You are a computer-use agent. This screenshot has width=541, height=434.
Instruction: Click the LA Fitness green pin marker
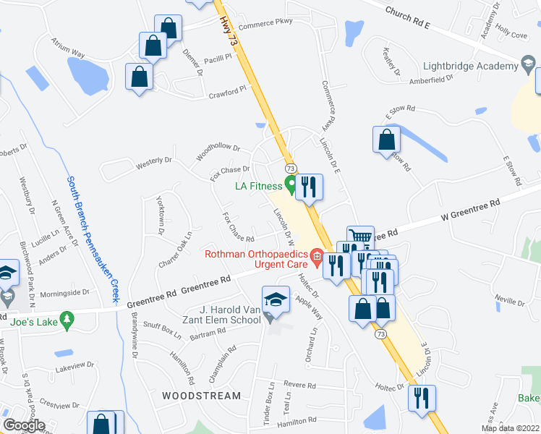(291, 185)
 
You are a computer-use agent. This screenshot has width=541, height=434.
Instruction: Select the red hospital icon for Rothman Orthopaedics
(316, 255)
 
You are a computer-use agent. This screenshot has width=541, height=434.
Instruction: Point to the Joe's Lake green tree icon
(67, 318)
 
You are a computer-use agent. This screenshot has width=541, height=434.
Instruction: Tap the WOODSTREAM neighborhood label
(201, 396)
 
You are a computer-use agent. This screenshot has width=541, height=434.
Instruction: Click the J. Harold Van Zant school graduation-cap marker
(276, 299)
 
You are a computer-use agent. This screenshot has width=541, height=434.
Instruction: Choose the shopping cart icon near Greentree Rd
(360, 236)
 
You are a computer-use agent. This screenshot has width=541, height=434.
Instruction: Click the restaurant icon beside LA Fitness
(309, 187)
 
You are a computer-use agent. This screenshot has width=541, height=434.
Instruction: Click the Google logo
(23, 425)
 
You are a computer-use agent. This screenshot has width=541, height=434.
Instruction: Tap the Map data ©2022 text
(509, 428)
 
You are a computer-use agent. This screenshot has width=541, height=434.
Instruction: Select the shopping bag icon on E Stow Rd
(387, 138)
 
